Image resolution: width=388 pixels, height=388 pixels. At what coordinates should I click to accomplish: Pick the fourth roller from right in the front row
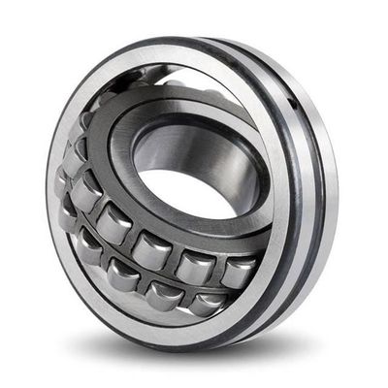point(94,249)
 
